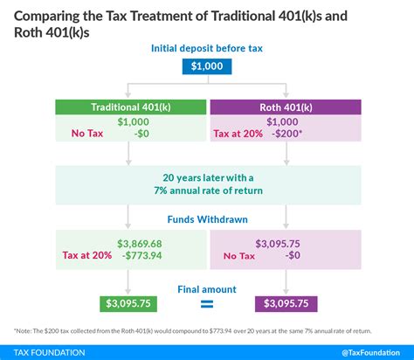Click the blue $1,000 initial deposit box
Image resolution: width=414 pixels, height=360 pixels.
point(206,66)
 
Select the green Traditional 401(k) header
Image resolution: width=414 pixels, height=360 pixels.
point(129,107)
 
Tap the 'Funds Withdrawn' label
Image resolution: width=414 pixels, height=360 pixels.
point(206,220)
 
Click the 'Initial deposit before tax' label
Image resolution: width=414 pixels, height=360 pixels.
point(206,47)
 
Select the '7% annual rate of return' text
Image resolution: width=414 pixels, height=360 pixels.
point(206,190)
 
